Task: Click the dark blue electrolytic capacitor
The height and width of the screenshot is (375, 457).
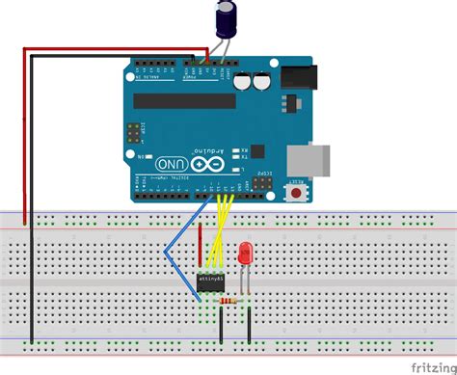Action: (227, 20)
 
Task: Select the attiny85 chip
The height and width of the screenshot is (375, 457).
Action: (212, 280)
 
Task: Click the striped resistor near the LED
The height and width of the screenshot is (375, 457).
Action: (228, 302)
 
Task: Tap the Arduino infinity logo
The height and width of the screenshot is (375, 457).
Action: (203, 165)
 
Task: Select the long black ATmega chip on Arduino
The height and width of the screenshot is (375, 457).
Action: (184, 99)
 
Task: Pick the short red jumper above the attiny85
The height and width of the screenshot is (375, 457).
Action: (201, 246)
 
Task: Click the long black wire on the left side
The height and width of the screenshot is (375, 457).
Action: (31, 193)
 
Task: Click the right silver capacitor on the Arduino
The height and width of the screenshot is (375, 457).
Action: (260, 83)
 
